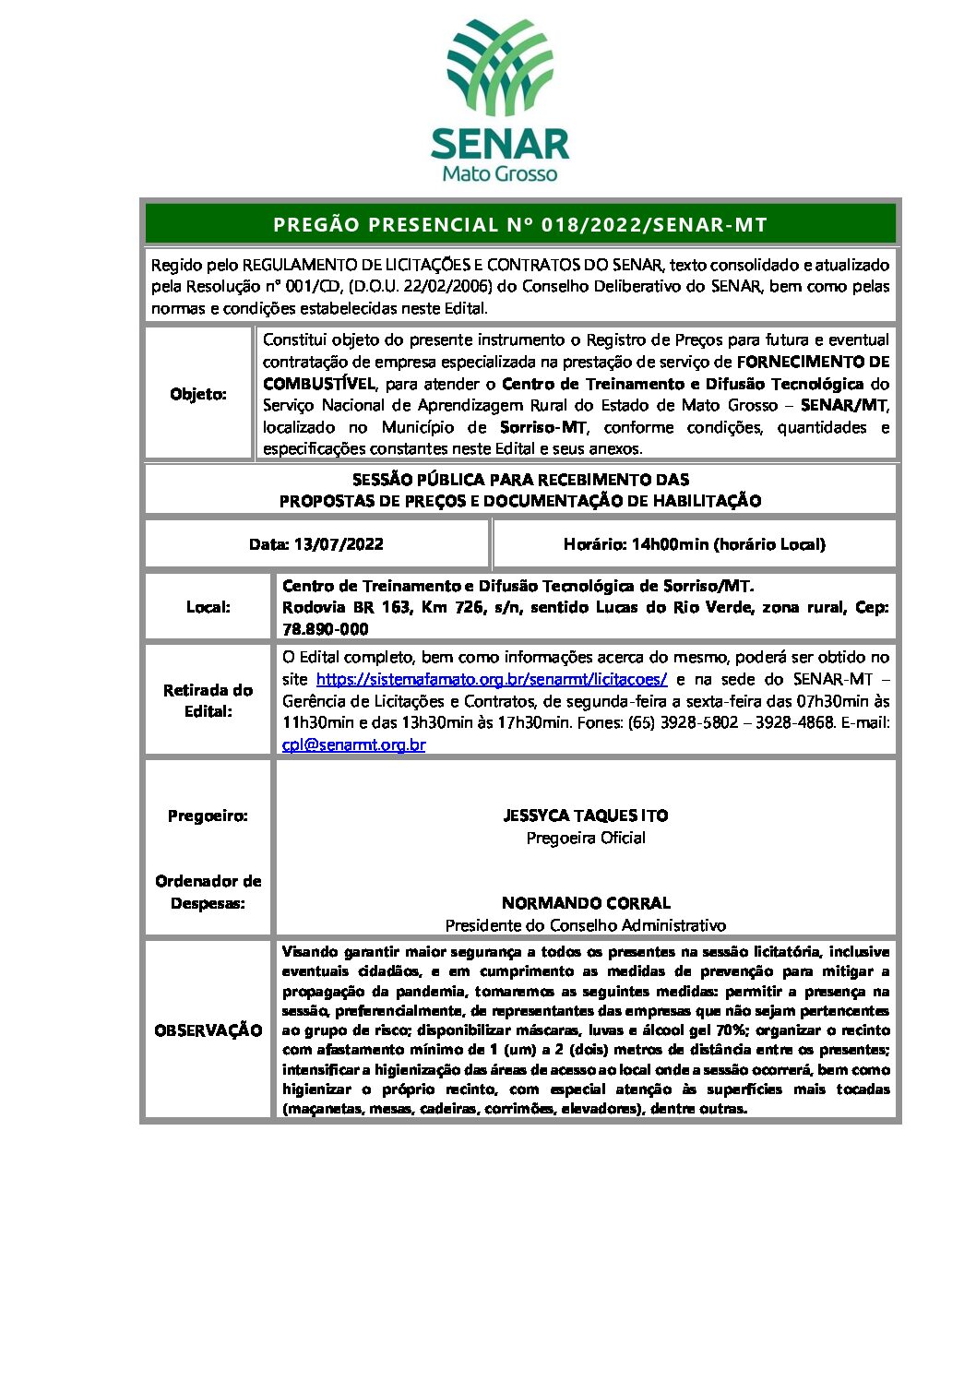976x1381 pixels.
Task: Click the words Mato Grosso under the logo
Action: click(x=499, y=173)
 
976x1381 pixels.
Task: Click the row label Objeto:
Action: click(x=198, y=394)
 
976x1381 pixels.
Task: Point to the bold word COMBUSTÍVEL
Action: click(x=319, y=384)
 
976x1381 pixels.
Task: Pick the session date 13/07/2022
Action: click(x=339, y=544)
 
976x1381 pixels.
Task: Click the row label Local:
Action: click(x=208, y=607)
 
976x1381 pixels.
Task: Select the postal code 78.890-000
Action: click(x=326, y=629)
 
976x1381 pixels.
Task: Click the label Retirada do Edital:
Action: click(x=208, y=701)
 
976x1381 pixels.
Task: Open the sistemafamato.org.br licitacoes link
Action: click(x=492, y=679)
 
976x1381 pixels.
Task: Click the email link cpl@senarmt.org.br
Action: click(x=354, y=744)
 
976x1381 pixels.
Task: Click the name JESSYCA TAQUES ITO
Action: click(x=586, y=816)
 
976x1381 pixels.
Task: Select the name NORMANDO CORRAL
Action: click(x=586, y=903)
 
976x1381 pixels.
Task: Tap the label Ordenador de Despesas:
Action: click(x=208, y=892)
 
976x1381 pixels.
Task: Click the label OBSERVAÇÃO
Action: click(x=208, y=1030)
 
